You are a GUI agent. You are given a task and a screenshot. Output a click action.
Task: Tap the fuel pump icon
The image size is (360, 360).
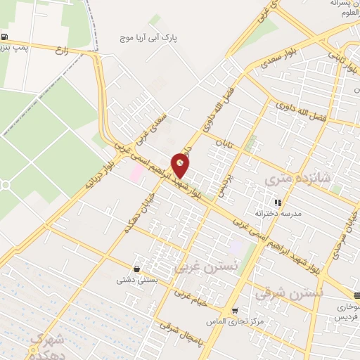6,37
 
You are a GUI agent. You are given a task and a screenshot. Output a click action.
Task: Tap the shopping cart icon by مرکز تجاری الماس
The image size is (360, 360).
234,310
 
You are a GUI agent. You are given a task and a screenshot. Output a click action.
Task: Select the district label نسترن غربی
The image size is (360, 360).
197,269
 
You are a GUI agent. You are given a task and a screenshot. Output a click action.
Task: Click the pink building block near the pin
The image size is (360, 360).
136,172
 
